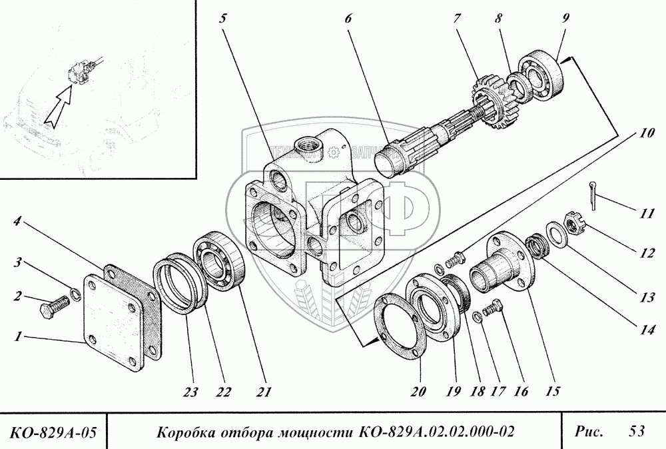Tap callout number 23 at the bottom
coord(191,392)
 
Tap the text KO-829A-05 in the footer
coord(53,432)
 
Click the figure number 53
coord(635,432)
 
